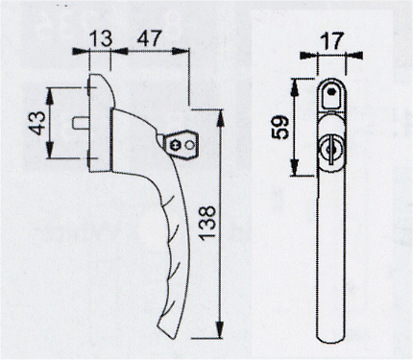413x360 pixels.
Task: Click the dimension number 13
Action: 101,38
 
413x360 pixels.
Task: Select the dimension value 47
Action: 150,38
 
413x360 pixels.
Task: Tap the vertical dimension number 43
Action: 37,123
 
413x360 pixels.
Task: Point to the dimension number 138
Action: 206,223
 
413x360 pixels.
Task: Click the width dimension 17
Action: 331,40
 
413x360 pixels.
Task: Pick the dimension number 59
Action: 280,128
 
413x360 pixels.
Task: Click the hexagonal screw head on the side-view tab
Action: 176,146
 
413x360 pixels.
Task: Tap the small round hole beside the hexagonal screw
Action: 189,146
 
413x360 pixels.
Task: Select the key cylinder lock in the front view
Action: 331,150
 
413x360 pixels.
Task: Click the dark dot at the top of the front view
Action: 331,91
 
